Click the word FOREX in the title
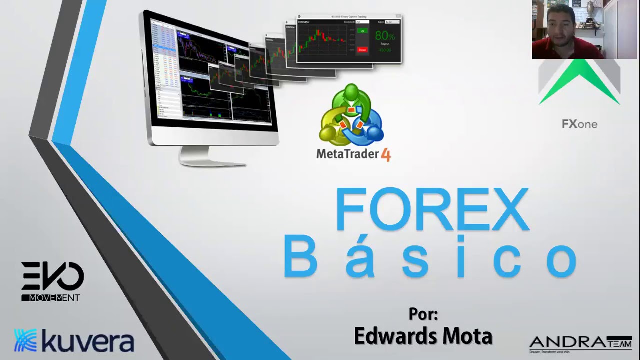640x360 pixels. (432, 209)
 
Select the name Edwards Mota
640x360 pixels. (423, 336)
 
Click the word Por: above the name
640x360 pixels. (423, 314)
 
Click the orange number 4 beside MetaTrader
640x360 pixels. (385, 155)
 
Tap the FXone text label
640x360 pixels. (579, 124)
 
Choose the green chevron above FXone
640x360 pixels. (579, 82)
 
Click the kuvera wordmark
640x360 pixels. (88, 341)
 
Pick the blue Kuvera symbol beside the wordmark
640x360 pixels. (25, 341)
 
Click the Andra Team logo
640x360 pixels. (580, 343)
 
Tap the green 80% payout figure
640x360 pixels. (384, 36)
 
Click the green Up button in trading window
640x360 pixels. (363, 31)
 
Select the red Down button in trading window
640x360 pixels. (362, 50)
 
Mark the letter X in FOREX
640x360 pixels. (506, 209)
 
